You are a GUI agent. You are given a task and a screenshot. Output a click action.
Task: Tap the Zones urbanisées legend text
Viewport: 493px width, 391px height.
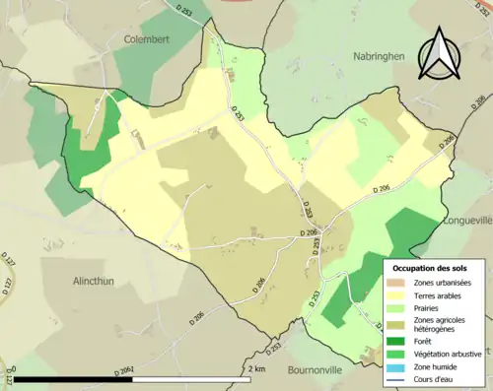tap(444, 282)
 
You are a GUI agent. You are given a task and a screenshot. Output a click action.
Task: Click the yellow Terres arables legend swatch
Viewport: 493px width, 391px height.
tap(401, 294)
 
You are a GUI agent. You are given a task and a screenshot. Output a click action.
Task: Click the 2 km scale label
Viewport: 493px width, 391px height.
tap(256, 368)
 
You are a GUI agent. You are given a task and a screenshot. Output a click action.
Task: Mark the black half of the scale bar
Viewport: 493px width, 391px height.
tap(74, 378)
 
